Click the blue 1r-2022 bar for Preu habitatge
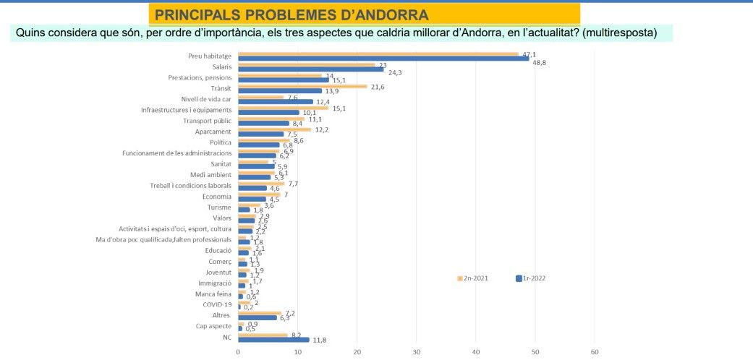click(383, 59)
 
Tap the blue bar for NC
click(273, 340)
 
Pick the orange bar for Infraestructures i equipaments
click(283, 108)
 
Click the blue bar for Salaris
click(310, 70)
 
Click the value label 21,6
click(378, 87)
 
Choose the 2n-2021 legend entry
click(473, 278)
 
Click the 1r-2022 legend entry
click(531, 278)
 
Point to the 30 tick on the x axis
click(416, 353)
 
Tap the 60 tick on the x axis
click(595, 353)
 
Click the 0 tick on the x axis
click(238, 353)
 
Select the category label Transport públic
click(207, 121)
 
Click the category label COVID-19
click(216, 304)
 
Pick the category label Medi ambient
click(210, 175)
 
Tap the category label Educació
click(218, 250)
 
